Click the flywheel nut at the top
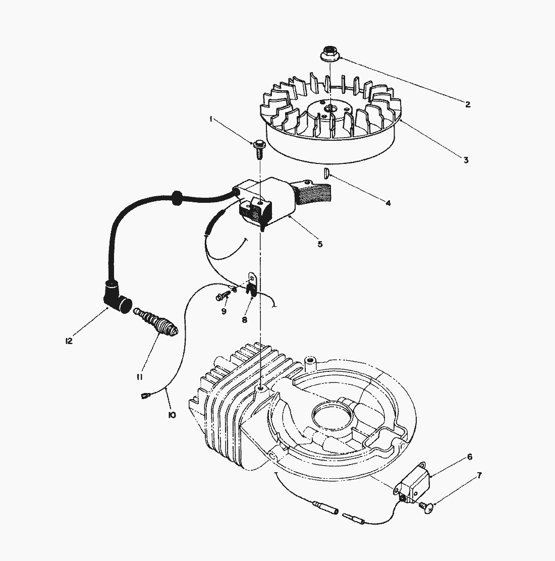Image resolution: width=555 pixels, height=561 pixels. click(329, 53)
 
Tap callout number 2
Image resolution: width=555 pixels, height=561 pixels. click(467, 104)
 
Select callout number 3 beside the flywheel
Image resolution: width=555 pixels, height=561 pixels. click(466, 160)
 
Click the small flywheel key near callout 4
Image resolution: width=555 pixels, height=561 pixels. click(326, 174)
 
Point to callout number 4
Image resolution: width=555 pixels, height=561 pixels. click(388, 203)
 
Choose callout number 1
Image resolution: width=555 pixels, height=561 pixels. click(211, 119)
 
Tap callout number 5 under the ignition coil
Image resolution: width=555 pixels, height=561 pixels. click(320, 244)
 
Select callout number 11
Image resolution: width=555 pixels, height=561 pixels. click(140, 377)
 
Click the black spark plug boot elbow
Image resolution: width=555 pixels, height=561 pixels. click(117, 297)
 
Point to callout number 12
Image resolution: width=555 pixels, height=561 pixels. click(69, 341)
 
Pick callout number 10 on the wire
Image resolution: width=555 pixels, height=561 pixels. click(172, 415)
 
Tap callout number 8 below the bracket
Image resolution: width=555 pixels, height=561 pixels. click(244, 320)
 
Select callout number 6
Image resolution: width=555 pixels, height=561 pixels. click(469, 457)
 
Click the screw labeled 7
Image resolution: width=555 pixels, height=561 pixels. click(427, 508)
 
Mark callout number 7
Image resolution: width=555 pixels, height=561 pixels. click(479, 476)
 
